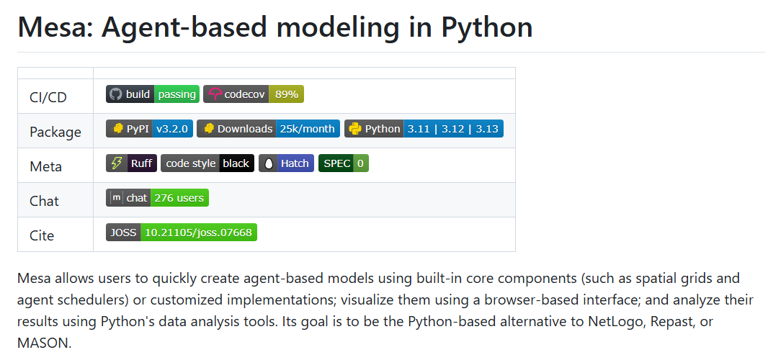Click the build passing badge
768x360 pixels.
[153, 94]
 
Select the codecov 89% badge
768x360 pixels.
[254, 94]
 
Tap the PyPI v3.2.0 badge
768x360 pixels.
[149, 129]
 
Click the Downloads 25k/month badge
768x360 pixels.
[267, 129]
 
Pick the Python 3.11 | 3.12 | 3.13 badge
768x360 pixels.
[424, 129]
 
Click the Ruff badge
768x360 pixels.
[131, 163]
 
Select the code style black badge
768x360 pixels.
[207, 163]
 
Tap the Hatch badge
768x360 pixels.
[286, 163]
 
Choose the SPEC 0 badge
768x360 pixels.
[344, 163]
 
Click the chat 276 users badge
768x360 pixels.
[157, 198]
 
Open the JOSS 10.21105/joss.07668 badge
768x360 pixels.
[182, 233]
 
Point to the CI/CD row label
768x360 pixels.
[48, 97]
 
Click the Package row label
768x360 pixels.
[55, 132]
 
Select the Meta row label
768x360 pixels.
[45, 166]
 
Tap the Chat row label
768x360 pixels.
[44, 201]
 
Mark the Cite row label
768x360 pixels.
[42, 235]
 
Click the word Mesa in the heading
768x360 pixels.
[53, 27]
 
